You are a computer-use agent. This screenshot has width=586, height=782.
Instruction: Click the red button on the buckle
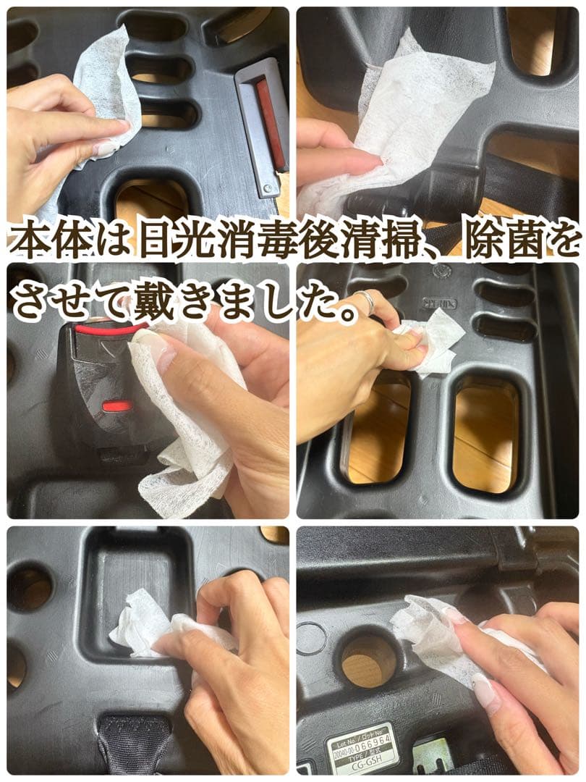point(117,405)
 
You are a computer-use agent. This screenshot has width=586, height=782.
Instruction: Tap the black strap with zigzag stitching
point(133,742)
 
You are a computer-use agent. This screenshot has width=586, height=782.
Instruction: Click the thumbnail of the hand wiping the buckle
point(148,391)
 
